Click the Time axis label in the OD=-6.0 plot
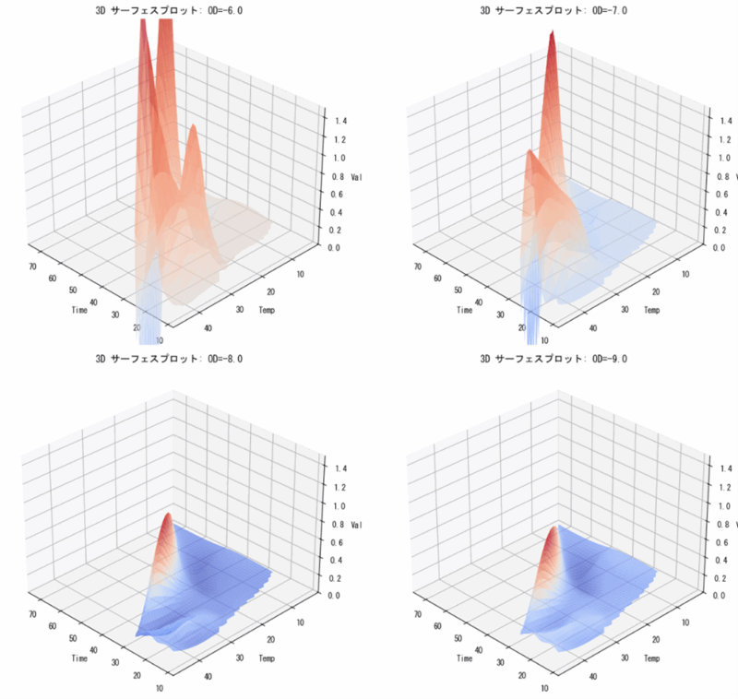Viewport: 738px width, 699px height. tap(79, 310)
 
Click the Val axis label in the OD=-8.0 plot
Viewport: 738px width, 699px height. tap(357, 525)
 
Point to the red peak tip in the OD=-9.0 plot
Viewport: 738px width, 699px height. tap(554, 527)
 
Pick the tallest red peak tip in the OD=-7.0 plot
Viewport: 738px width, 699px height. tap(552, 34)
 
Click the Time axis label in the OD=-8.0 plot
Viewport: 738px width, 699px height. tap(79, 658)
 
